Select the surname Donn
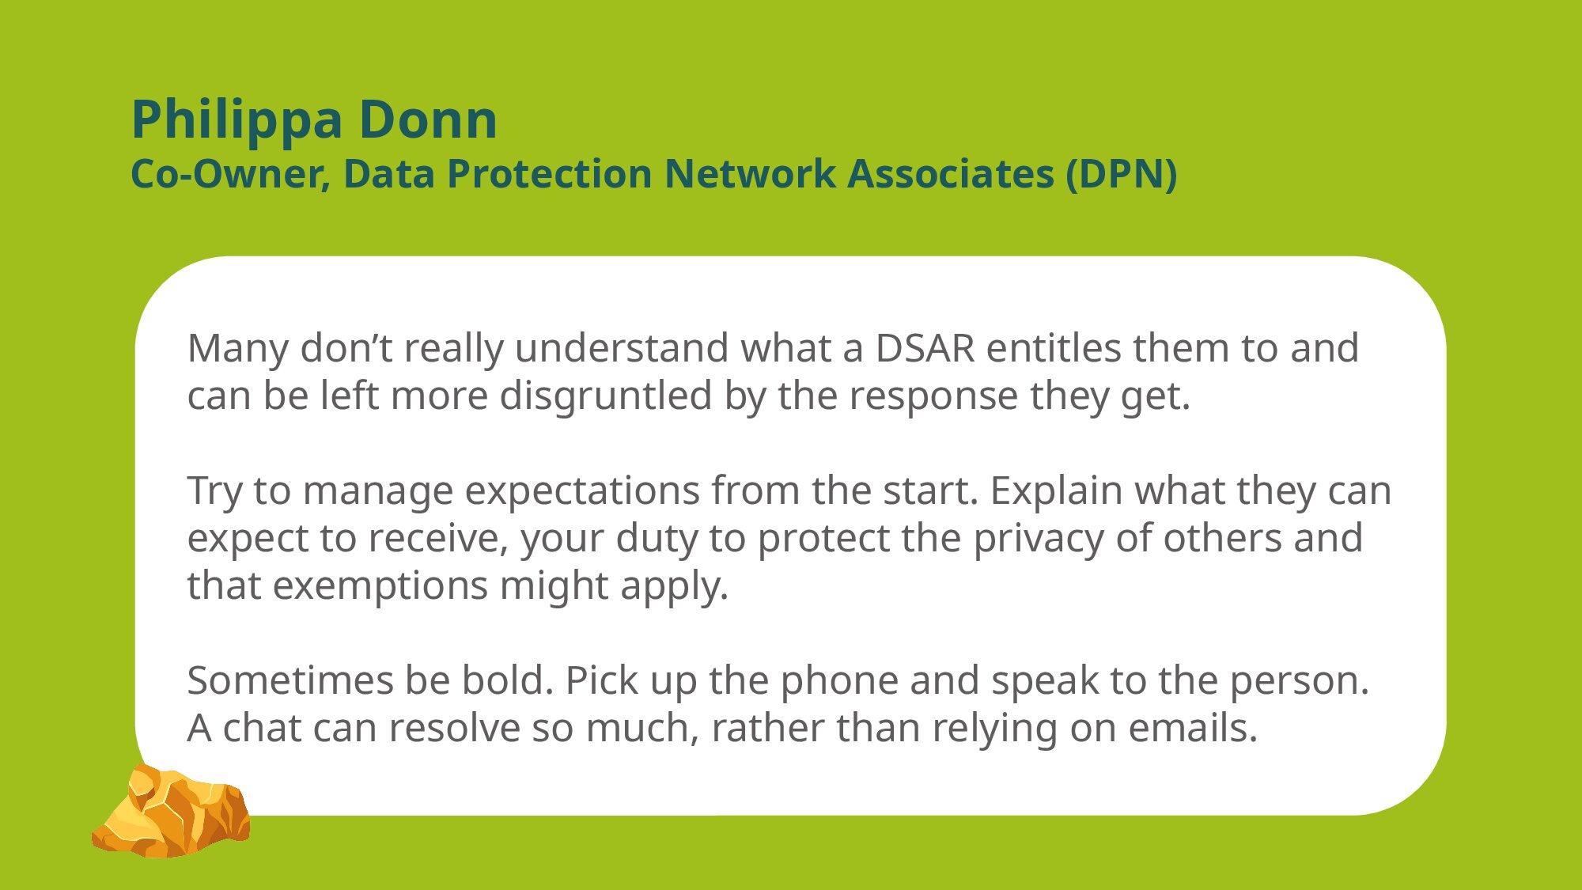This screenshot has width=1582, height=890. coord(428,119)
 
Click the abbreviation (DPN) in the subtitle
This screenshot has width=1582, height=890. coord(1121,174)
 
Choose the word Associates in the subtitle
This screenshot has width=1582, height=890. coord(951,173)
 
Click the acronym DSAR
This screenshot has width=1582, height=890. coord(925,348)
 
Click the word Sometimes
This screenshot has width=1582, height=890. coord(290,680)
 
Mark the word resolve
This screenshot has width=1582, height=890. coord(461,728)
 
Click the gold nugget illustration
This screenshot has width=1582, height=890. coord(171,811)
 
